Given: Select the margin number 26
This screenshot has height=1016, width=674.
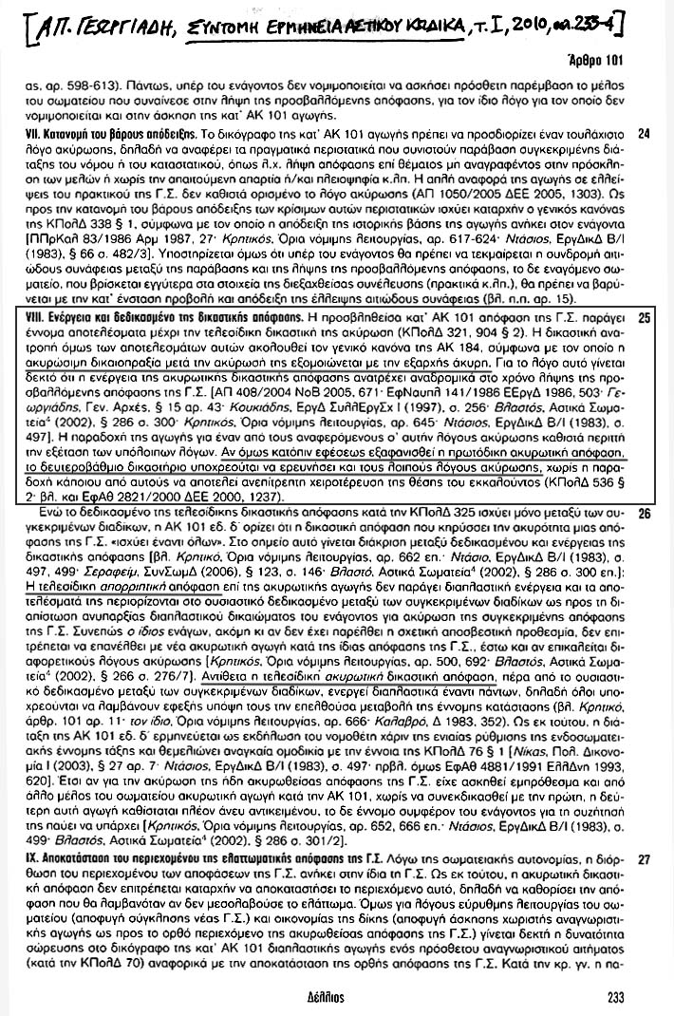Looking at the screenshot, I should [x=644, y=515].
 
